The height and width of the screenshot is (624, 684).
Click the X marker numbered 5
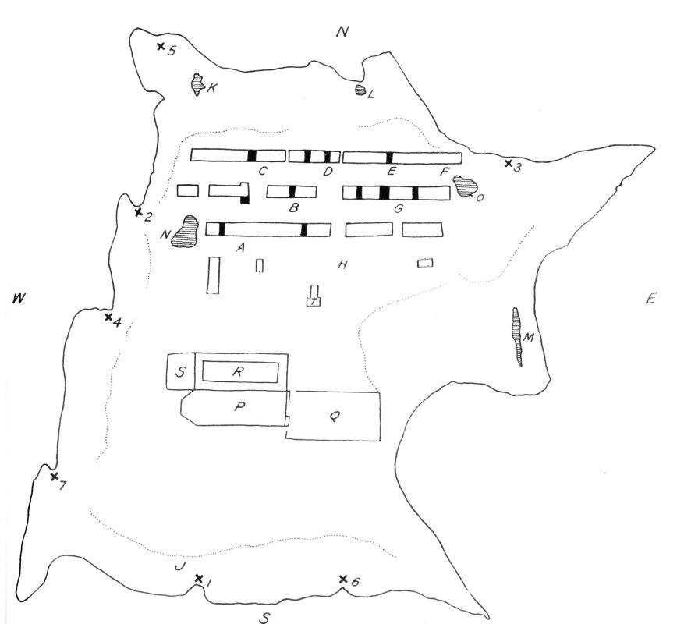click(161, 47)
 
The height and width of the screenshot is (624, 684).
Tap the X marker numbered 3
click(509, 164)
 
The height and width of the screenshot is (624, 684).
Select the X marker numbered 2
click(138, 212)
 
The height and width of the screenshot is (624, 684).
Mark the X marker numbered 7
click(54, 477)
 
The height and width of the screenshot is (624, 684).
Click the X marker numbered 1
click(198, 579)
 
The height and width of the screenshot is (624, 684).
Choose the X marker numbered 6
click(343, 579)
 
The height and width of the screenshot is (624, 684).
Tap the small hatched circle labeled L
click(360, 90)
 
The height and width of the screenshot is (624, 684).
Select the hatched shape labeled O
click(466, 186)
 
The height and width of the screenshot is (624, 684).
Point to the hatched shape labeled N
click(186, 232)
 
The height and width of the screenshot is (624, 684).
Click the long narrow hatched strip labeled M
click(516, 336)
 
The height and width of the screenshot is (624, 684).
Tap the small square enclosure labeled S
click(180, 371)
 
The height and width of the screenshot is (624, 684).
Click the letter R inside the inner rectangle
click(240, 372)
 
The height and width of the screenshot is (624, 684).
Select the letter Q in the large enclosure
click(333, 417)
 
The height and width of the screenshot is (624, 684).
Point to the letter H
click(342, 265)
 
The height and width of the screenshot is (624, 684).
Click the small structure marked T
click(314, 302)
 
